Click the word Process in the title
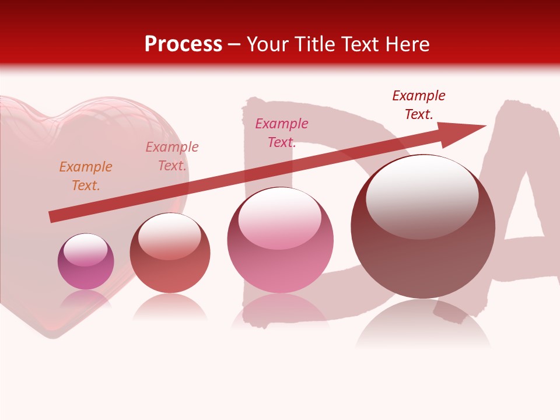(x=183, y=44)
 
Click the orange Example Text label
(x=86, y=176)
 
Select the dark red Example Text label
(x=419, y=105)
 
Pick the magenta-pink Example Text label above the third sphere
(x=282, y=133)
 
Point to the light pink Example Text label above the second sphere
(x=172, y=156)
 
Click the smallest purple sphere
(x=86, y=262)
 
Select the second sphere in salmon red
(x=170, y=254)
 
